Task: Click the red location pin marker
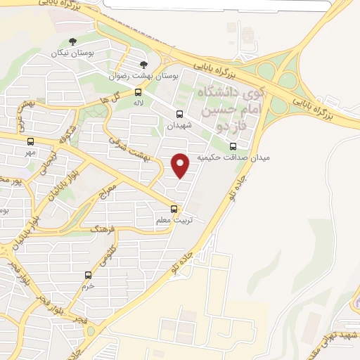(181, 165)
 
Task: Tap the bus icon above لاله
(138, 92)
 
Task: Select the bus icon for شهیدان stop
(179, 114)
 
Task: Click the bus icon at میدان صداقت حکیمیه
(233, 146)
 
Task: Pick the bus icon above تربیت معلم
(174, 209)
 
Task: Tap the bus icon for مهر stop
(30, 142)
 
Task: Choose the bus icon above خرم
(88, 275)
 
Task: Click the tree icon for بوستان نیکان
(75, 41)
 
